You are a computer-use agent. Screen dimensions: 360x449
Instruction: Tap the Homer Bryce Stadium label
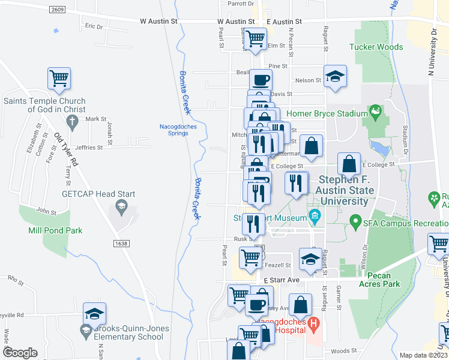tap(327, 114)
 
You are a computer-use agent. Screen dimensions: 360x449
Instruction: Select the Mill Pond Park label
tap(55, 230)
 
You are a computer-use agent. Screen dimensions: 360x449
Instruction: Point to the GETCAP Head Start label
tap(98, 194)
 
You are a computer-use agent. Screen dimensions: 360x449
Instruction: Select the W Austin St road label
tap(159, 21)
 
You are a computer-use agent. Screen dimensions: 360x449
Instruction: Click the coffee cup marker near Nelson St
tap(261, 79)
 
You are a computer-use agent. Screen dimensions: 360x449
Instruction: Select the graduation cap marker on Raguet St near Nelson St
tap(336, 76)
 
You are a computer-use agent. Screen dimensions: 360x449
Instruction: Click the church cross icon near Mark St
tap(72, 122)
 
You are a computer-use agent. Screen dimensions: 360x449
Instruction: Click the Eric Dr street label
tap(94, 26)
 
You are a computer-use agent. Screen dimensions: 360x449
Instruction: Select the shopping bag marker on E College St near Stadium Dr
tap(349, 163)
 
